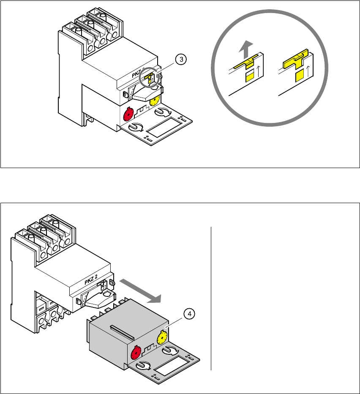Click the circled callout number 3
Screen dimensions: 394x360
tap(181, 60)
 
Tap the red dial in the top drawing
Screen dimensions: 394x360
tap(128, 114)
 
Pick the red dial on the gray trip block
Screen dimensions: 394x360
tap(137, 351)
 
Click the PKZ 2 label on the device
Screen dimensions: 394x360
tap(90, 277)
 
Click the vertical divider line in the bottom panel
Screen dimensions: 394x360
tap(210, 298)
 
